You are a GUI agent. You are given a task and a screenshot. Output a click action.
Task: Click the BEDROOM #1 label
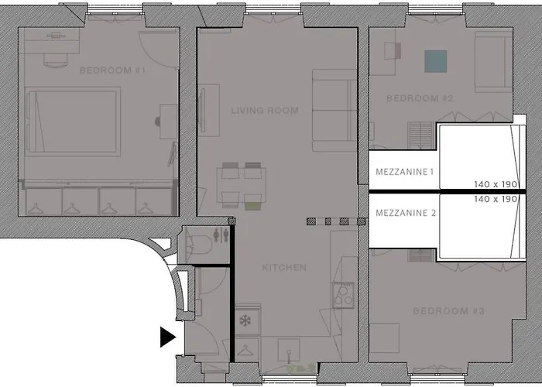[x=112, y=70]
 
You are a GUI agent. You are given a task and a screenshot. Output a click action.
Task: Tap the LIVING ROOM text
[x=265, y=111]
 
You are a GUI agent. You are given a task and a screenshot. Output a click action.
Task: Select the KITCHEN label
[x=284, y=268]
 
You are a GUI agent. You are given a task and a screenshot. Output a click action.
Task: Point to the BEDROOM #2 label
[x=420, y=98]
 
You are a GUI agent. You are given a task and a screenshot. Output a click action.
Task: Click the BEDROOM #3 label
[x=449, y=311]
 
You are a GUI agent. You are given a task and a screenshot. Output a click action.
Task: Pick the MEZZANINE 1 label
[x=404, y=172]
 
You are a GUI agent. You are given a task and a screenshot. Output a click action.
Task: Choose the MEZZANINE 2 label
[x=406, y=213]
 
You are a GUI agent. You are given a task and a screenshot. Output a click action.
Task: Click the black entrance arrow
[x=168, y=337]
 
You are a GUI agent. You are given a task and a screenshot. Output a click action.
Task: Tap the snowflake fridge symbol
[x=245, y=320]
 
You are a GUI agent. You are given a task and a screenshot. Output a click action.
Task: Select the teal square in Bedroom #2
[x=435, y=61]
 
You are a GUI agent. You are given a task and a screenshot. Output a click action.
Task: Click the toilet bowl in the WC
[x=200, y=245]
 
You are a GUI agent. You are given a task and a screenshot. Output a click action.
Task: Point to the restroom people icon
[x=221, y=235]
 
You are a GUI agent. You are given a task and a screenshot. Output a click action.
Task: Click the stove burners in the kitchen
[x=343, y=296]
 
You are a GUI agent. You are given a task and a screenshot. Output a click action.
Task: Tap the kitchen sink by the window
[x=289, y=351]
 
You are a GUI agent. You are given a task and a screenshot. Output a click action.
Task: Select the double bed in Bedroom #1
[x=73, y=122]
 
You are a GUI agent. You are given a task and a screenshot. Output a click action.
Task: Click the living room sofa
[x=334, y=110]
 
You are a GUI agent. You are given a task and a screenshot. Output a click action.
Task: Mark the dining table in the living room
[x=242, y=186]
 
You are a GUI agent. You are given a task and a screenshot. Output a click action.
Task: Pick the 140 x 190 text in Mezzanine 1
[x=496, y=184]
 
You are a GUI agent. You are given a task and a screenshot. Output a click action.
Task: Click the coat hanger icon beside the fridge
[x=245, y=350]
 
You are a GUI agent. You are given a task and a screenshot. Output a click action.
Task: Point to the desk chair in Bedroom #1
[x=55, y=61]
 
